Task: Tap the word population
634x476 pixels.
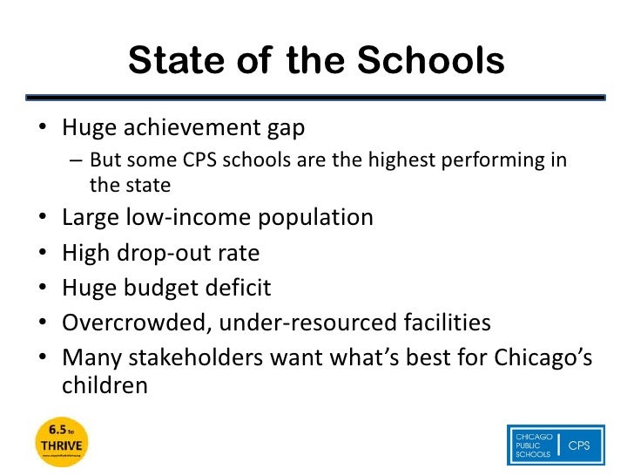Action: [x=315, y=218]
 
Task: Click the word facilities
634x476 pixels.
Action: [x=441, y=323]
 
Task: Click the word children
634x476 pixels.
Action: [x=105, y=385]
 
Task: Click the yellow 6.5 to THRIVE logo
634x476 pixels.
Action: [x=64, y=442]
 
